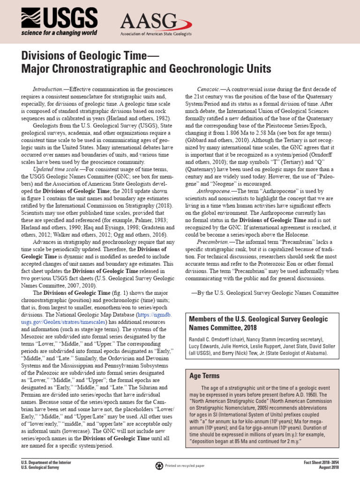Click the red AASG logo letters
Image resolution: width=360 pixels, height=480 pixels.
(x=149, y=22)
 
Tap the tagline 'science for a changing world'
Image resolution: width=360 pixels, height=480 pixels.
(x=58, y=33)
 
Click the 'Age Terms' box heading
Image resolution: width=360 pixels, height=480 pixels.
(x=204, y=376)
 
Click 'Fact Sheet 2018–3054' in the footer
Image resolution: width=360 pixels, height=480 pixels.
(x=322, y=463)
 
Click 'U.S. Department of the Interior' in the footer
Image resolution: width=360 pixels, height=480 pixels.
(x=46, y=463)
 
